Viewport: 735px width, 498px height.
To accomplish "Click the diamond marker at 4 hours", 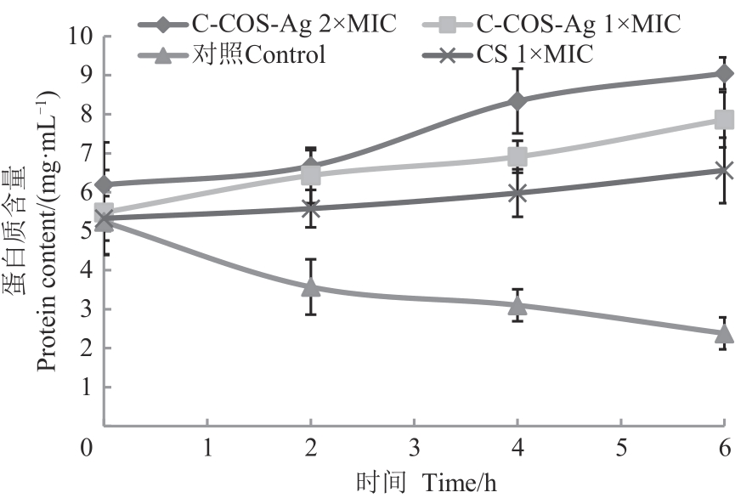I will coord(517,101).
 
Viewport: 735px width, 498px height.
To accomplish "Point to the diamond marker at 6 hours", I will coord(724,74).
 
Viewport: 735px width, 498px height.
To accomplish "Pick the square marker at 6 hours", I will coord(724,120).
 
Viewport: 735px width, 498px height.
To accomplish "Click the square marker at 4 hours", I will coord(517,156).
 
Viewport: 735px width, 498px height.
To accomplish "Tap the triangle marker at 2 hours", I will coord(311,286).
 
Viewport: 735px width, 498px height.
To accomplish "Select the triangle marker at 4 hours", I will coord(517,304).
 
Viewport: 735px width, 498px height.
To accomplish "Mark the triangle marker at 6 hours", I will coord(724,333).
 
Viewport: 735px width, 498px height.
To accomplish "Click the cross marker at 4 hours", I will coord(517,193).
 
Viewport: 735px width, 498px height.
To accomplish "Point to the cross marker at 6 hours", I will coord(724,171).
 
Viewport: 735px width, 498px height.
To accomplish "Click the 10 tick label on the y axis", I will coord(81,37).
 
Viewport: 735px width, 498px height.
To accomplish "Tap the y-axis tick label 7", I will coord(87,154).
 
